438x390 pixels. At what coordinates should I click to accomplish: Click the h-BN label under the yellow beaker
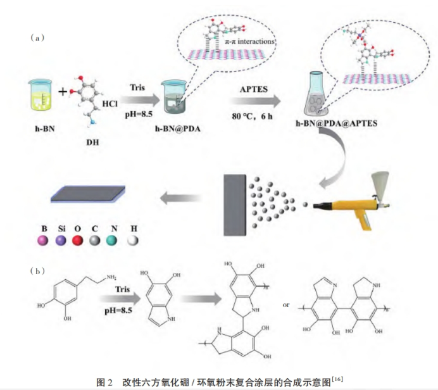(x=45, y=129)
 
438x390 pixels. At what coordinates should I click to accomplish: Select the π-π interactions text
(x=252, y=41)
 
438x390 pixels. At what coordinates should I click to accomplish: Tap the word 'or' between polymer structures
(x=286, y=304)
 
